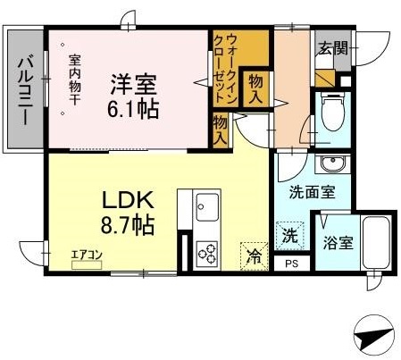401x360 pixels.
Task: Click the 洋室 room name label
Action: point(134,87)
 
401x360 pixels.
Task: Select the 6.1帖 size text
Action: point(134,111)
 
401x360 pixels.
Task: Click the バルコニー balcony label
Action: point(25,89)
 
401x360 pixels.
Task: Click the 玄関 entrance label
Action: point(332,48)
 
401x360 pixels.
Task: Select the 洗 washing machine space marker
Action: point(291,237)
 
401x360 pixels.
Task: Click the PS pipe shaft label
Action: point(291,263)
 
